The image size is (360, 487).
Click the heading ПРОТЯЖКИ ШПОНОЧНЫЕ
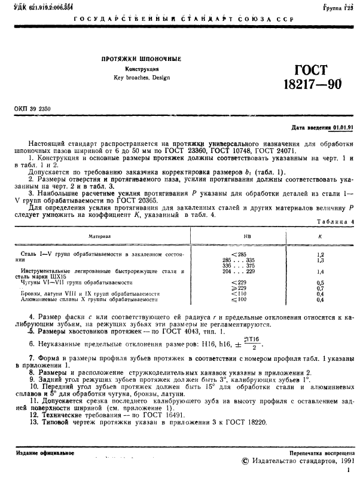coord(141,59)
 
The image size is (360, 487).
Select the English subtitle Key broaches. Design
coord(141,78)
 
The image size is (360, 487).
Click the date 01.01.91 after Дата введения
coord(343,127)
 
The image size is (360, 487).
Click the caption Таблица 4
coord(335,222)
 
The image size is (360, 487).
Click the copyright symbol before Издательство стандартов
coord(245,461)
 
